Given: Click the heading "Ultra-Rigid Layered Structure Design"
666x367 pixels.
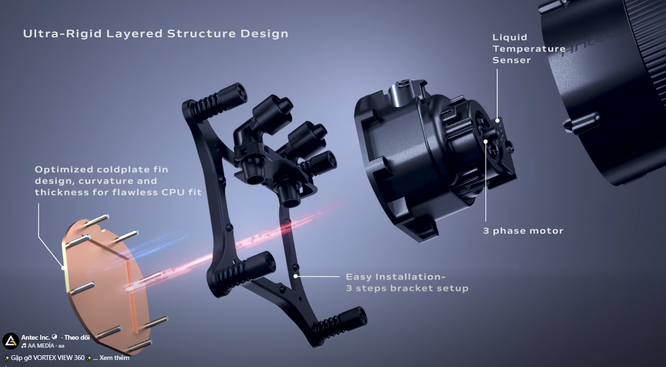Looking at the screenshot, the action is [x=156, y=33].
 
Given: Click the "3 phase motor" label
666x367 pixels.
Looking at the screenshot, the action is [x=523, y=231].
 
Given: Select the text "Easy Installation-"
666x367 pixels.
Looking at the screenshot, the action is [x=395, y=277].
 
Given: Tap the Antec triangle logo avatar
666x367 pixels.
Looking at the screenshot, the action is [x=11, y=341].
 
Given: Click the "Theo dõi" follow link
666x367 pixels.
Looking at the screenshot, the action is [x=77, y=337].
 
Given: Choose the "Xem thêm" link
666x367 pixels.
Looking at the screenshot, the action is [x=114, y=358].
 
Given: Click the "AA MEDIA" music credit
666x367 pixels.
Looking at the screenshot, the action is [x=41, y=346].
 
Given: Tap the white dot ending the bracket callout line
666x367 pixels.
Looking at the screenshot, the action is [x=296, y=277].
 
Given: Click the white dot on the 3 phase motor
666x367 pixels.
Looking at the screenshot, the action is [x=485, y=141].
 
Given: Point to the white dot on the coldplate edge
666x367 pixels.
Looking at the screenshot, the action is [x=63, y=268].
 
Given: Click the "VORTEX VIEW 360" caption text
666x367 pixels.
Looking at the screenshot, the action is [x=59, y=358].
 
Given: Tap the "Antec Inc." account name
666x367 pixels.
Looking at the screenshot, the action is [x=35, y=337].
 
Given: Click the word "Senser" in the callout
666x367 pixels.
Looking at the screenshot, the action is [x=511, y=60].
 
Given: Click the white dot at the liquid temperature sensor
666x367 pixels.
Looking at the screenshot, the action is [x=497, y=121].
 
